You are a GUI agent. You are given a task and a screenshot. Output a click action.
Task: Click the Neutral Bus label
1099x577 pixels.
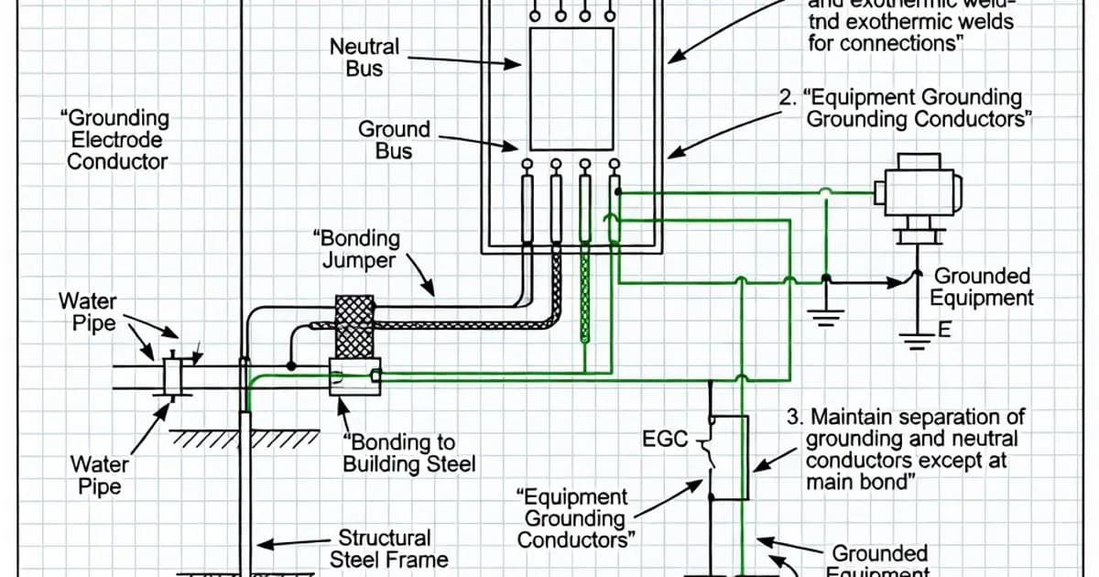pos(365,57)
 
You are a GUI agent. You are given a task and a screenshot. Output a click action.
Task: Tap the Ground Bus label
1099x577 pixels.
pos(394,140)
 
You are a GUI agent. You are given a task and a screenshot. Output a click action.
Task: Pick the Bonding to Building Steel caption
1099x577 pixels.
pos(408,454)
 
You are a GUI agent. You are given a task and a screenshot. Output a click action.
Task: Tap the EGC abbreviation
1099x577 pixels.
pos(666,440)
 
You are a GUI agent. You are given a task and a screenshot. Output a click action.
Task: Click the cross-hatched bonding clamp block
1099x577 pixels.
pos(355,327)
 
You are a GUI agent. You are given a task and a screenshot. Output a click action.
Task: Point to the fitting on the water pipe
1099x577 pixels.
pos(173,376)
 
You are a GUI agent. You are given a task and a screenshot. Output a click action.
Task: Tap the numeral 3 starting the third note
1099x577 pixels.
pos(793,418)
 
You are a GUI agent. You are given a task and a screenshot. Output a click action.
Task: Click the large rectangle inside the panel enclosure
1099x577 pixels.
pos(571,88)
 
